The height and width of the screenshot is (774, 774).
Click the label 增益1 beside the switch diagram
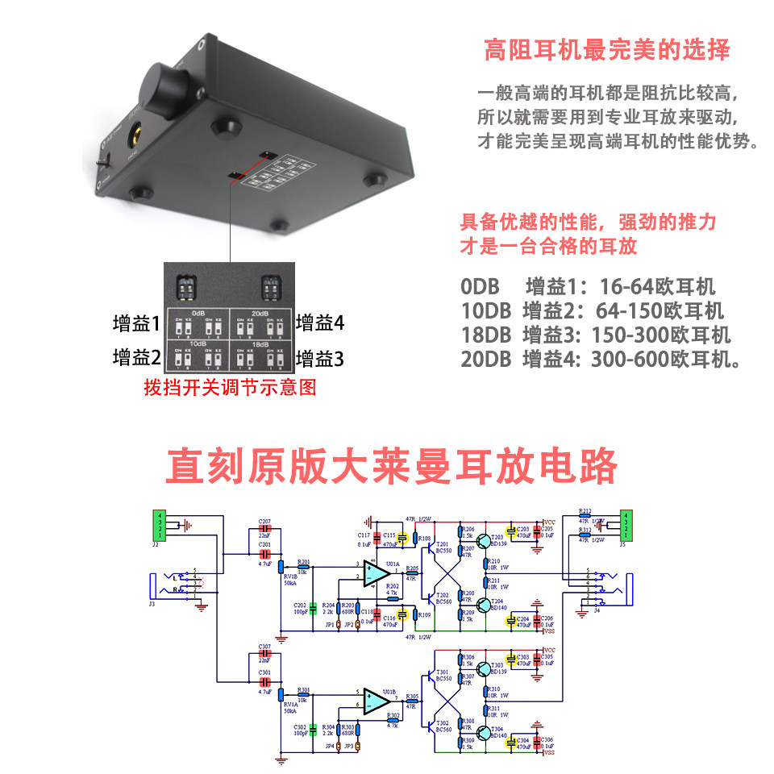tap(136, 323)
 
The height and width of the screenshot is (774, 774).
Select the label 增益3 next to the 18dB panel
tap(320, 357)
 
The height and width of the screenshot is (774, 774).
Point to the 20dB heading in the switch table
tap(260, 314)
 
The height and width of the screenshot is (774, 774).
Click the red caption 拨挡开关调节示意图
tap(229, 388)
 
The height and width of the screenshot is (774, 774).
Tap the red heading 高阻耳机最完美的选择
tap(606, 50)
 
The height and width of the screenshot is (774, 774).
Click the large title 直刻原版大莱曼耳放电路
tap(392, 465)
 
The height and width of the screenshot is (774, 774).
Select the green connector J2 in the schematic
tap(160, 526)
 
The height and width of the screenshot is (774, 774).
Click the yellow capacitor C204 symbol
tap(510, 621)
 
